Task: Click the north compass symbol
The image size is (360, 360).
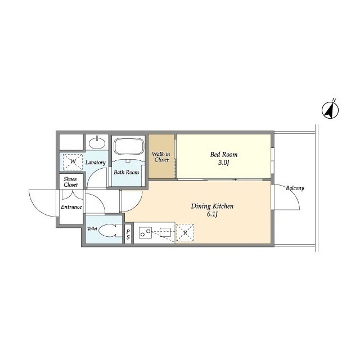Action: [330, 110]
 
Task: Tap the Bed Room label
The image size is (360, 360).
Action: [224, 155]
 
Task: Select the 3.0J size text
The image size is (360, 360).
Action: [224, 163]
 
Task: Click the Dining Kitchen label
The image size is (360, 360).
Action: [212, 206]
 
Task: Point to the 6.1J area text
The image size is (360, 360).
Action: [212, 215]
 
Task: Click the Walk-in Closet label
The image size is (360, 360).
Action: [161, 157]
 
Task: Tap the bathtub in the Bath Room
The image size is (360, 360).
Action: [129, 146]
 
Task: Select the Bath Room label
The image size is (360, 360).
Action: [126, 172]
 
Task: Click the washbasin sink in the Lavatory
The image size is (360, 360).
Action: [97, 143]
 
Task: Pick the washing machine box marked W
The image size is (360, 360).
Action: [73, 162]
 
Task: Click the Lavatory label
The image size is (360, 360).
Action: [96, 163]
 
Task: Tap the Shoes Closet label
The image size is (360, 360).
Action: [71, 182]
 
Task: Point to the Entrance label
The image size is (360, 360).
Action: [71, 207]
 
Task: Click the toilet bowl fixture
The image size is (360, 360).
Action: [110, 230]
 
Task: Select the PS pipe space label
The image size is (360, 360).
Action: [128, 235]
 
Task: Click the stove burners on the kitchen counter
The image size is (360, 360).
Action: [145, 232]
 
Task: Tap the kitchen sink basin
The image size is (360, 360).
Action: [165, 232]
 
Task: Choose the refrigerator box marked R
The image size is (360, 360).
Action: [185, 232]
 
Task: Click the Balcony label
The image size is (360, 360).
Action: [295, 188]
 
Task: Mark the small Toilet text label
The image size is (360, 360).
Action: [92, 229]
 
